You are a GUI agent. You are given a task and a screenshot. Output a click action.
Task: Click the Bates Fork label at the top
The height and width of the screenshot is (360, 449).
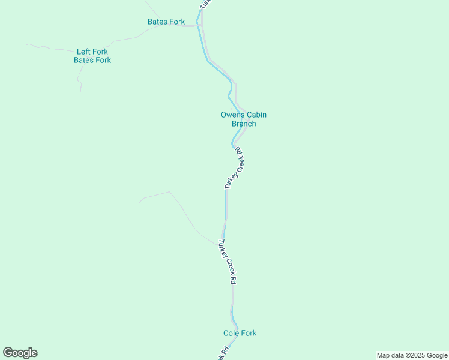tap(166, 22)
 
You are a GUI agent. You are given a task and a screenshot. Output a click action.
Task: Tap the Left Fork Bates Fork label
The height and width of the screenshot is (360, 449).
tap(92, 56)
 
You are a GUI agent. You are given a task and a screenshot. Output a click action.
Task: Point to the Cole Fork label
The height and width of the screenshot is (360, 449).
tap(240, 333)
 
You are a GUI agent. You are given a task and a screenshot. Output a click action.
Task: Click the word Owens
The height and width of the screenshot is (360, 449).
tap(232, 115)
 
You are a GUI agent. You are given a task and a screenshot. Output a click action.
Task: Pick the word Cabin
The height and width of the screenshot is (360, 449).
tap(256, 115)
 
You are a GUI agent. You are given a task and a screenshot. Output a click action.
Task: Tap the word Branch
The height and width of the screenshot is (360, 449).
tap(244, 124)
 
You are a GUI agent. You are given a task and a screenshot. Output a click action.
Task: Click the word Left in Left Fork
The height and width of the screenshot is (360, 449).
tap(83, 52)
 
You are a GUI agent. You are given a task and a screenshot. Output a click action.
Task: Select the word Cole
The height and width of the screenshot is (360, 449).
tap(231, 333)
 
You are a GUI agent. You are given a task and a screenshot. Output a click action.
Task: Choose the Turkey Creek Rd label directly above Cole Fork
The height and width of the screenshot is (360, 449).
tap(227, 262)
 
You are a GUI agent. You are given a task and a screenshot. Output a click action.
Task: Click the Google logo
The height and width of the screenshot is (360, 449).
tap(20, 353)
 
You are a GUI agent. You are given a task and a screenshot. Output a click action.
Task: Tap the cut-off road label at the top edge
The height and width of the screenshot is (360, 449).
tap(205, 3)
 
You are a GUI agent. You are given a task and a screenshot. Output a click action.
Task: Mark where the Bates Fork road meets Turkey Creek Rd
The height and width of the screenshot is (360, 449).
tap(200, 26)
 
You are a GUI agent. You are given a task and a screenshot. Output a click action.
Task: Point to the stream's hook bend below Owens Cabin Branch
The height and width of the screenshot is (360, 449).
tap(233, 144)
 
